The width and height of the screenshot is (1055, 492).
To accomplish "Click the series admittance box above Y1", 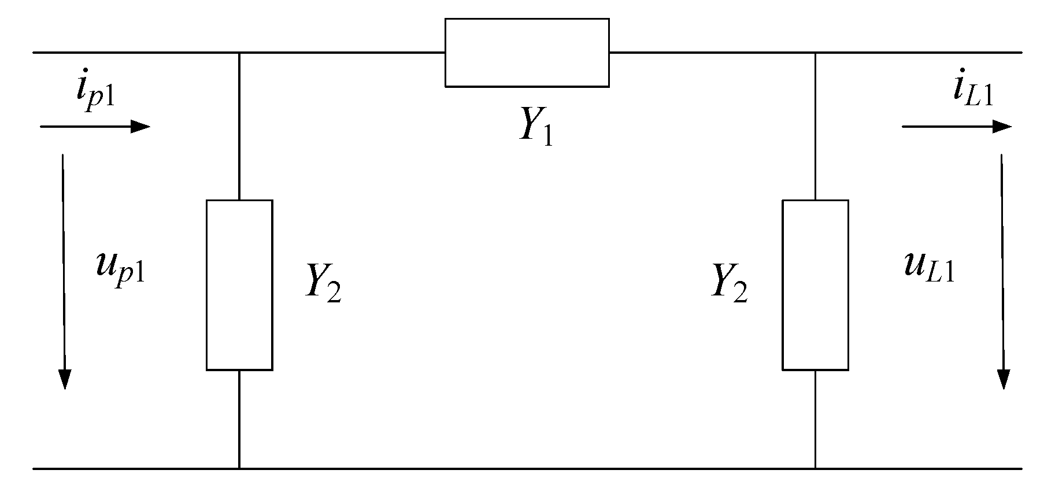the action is point(527,53).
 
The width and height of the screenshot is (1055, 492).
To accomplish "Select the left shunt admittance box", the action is point(239,284).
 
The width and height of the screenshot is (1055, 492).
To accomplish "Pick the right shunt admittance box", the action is point(815,284).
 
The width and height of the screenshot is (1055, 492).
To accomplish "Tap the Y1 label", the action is point(535,126).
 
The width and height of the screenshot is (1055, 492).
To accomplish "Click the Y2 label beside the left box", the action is point(323,283).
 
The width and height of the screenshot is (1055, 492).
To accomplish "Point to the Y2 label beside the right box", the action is point(729,283).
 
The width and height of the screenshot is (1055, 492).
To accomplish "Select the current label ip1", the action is point(95,93).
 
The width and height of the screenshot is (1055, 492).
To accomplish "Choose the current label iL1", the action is point(973,92).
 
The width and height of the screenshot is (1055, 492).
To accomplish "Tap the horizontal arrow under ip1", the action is point(95,126).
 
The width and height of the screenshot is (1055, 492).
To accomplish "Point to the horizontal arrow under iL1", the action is point(956,127).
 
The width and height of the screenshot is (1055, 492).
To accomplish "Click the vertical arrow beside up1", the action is point(64,271).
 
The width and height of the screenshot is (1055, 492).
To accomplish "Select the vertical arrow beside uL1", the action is point(1003,271).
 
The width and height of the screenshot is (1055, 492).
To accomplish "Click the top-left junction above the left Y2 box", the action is point(239,53).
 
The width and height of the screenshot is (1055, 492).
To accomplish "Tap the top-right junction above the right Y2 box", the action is point(815,53).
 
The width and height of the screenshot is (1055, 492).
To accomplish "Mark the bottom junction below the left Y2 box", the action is point(239,468).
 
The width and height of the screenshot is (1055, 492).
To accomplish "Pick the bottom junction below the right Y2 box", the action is point(815,468).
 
